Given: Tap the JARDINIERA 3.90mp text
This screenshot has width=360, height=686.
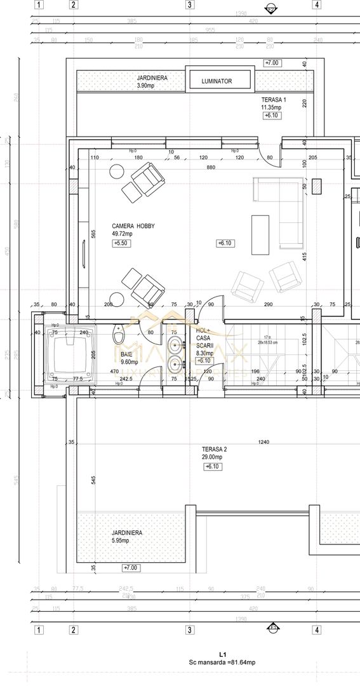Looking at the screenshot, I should (x=152, y=81).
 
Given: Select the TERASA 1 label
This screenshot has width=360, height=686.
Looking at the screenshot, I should (x=274, y=104).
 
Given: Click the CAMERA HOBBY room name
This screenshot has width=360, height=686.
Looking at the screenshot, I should (x=133, y=229).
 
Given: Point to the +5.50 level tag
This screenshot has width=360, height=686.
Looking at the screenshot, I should (x=121, y=243).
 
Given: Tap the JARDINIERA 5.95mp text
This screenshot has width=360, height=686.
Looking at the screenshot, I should (x=126, y=537).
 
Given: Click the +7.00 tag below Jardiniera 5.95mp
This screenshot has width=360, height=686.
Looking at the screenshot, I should (x=131, y=567).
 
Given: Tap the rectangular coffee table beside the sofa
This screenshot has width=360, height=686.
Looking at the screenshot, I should (x=260, y=234).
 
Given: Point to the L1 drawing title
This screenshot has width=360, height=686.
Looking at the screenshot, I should (x=222, y=654).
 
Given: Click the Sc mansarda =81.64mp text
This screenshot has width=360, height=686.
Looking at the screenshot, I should (x=222, y=662).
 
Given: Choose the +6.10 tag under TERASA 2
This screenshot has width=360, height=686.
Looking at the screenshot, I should (x=211, y=467).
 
